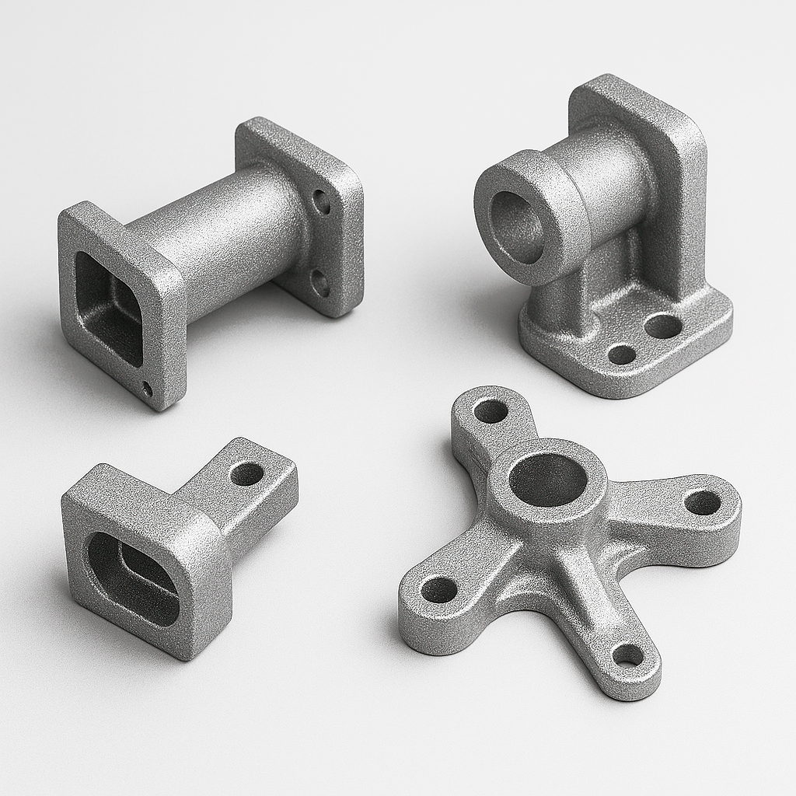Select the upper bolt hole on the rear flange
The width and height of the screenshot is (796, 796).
point(321,202)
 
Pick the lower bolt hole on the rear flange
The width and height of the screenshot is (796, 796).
point(320,283)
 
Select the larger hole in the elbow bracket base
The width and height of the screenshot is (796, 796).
point(663,326)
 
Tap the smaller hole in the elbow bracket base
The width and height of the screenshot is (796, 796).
point(622,354)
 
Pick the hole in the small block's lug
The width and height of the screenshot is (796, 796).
point(247,473)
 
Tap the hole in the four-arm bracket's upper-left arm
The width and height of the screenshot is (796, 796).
point(491,411)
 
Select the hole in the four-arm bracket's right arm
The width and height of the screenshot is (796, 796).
point(703,502)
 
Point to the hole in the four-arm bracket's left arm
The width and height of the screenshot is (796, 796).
point(439,589)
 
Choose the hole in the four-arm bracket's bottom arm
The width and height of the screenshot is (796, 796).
point(627,655)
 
